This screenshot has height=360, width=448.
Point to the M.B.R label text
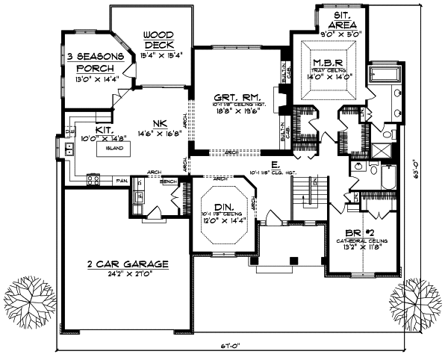[327, 61]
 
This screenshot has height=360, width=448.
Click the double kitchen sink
[69, 147]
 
